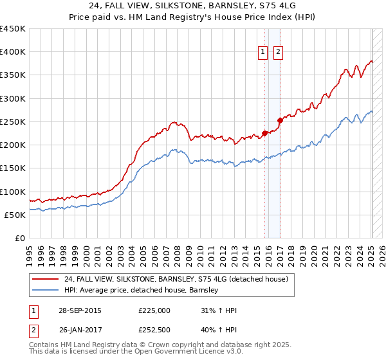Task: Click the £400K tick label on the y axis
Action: (13, 52)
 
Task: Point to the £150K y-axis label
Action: (13, 168)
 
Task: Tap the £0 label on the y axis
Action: (20, 239)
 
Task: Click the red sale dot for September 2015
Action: (264, 134)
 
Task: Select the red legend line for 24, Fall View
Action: (46, 279)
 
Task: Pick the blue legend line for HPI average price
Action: (46, 290)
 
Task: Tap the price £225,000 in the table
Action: (154, 311)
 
